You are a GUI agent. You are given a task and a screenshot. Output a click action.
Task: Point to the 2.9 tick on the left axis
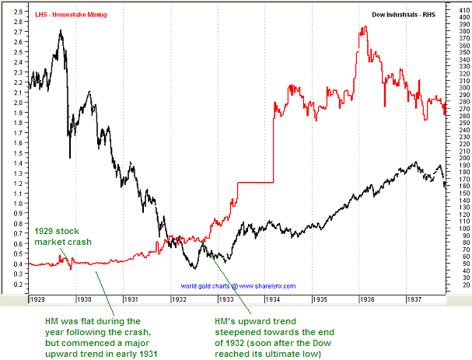(17, 12)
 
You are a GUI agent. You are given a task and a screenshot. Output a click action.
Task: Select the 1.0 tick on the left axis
(17, 204)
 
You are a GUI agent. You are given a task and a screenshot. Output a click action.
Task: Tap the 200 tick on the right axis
(462, 159)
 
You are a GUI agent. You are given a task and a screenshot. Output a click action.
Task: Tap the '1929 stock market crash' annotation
(59, 237)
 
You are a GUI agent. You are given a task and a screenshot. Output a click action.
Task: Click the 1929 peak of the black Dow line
(61, 32)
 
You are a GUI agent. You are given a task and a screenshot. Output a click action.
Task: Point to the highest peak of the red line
(364, 27)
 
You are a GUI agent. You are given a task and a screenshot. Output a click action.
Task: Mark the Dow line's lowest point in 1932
(194, 268)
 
